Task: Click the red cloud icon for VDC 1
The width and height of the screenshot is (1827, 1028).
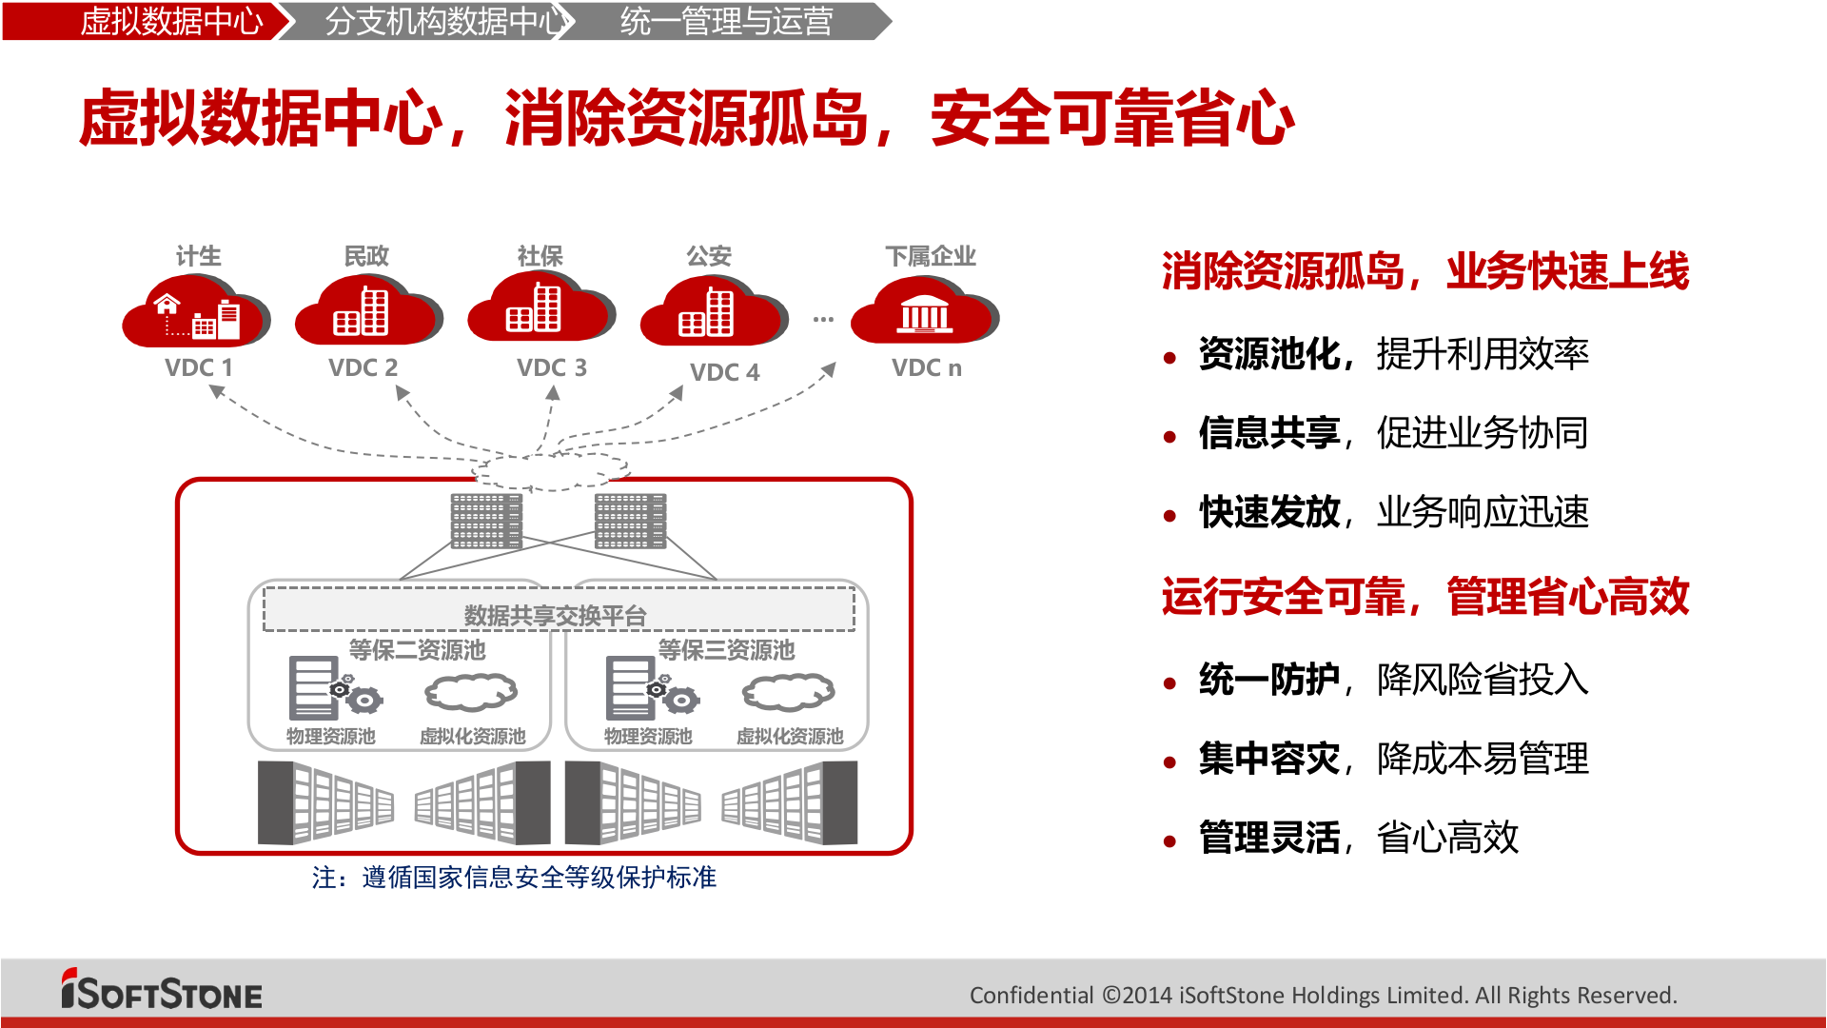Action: pyautogui.click(x=195, y=312)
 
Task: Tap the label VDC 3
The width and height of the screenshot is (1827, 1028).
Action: pyautogui.click(x=551, y=367)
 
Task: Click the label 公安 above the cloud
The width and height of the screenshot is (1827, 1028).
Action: pyautogui.click(x=709, y=256)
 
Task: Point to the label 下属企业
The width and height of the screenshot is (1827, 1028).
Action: pyautogui.click(x=930, y=256)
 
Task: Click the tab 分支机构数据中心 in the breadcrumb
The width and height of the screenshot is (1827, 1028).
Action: pyautogui.click(x=443, y=21)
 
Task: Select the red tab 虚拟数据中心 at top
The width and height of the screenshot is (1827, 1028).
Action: pyautogui.click(x=171, y=21)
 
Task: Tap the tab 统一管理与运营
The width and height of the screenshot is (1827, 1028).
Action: pyautogui.click(x=726, y=21)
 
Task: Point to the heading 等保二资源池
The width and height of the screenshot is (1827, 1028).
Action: pyautogui.click(x=417, y=650)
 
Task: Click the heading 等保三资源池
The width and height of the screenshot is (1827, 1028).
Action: pyautogui.click(x=726, y=650)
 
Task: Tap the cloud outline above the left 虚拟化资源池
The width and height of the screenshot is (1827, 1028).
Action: pyautogui.click(x=471, y=693)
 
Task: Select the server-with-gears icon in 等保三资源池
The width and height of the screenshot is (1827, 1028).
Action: pyautogui.click(x=651, y=689)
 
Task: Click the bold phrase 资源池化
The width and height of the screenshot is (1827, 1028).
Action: pyautogui.click(x=1268, y=354)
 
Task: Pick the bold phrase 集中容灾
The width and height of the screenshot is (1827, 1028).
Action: pyautogui.click(x=1268, y=759)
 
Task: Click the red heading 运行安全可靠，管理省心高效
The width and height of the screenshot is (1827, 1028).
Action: pyautogui.click(x=1424, y=597)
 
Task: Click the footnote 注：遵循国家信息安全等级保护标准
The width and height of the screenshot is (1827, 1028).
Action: pyautogui.click(x=514, y=878)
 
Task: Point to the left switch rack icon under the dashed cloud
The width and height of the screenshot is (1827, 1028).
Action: pyautogui.click(x=486, y=521)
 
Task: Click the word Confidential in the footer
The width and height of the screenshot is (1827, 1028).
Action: pyautogui.click(x=1031, y=996)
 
